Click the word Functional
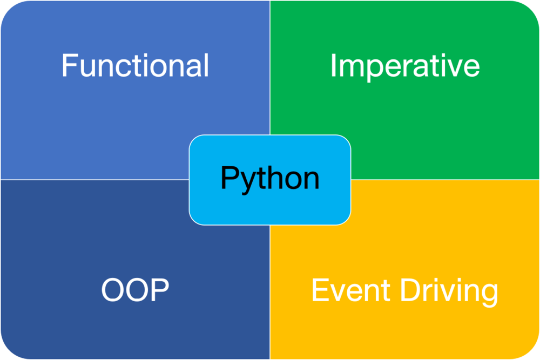pyautogui.click(x=135, y=65)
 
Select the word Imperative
pyautogui.click(x=404, y=65)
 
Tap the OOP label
pyautogui.click(x=135, y=290)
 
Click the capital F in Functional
pyautogui.click(x=69, y=65)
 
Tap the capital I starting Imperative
pyautogui.click(x=333, y=65)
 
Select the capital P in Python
pyautogui.click(x=228, y=178)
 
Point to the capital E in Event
pyautogui.click(x=319, y=290)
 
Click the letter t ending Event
pyautogui.click(x=386, y=291)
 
